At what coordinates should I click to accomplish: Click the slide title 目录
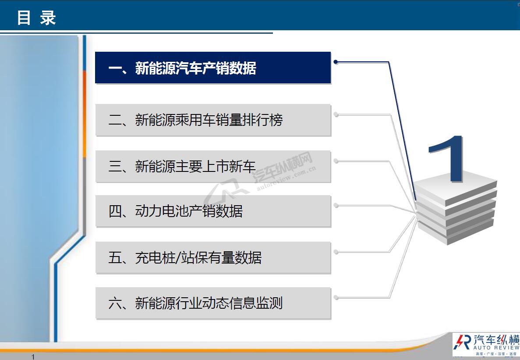coord(36,18)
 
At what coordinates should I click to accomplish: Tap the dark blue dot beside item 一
coord(336,62)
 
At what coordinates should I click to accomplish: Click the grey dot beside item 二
coord(336,114)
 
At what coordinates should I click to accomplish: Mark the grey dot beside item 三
coord(336,161)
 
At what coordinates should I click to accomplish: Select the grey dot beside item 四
coord(336,206)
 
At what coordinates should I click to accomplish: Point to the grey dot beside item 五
coord(336,252)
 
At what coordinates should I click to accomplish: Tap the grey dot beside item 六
coord(336,298)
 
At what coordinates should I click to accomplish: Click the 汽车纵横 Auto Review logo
coord(486,344)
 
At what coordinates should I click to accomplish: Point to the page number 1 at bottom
coord(33,357)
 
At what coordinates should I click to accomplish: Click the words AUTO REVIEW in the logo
coord(496,347)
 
